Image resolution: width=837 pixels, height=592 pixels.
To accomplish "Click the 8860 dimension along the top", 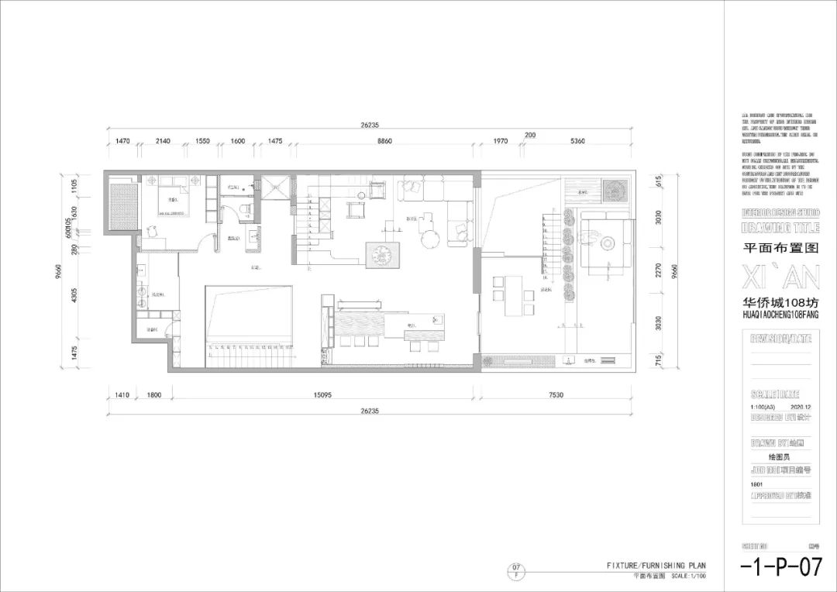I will [384, 142].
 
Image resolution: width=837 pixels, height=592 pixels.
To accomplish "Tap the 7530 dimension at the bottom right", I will [556, 395].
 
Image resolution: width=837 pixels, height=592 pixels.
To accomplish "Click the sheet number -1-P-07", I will [780, 568].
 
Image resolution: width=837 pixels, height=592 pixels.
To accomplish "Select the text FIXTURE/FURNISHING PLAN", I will [656, 566].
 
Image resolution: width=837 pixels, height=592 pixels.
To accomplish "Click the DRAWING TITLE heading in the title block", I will [780, 227].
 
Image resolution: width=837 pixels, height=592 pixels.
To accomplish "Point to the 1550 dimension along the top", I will [202, 142].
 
